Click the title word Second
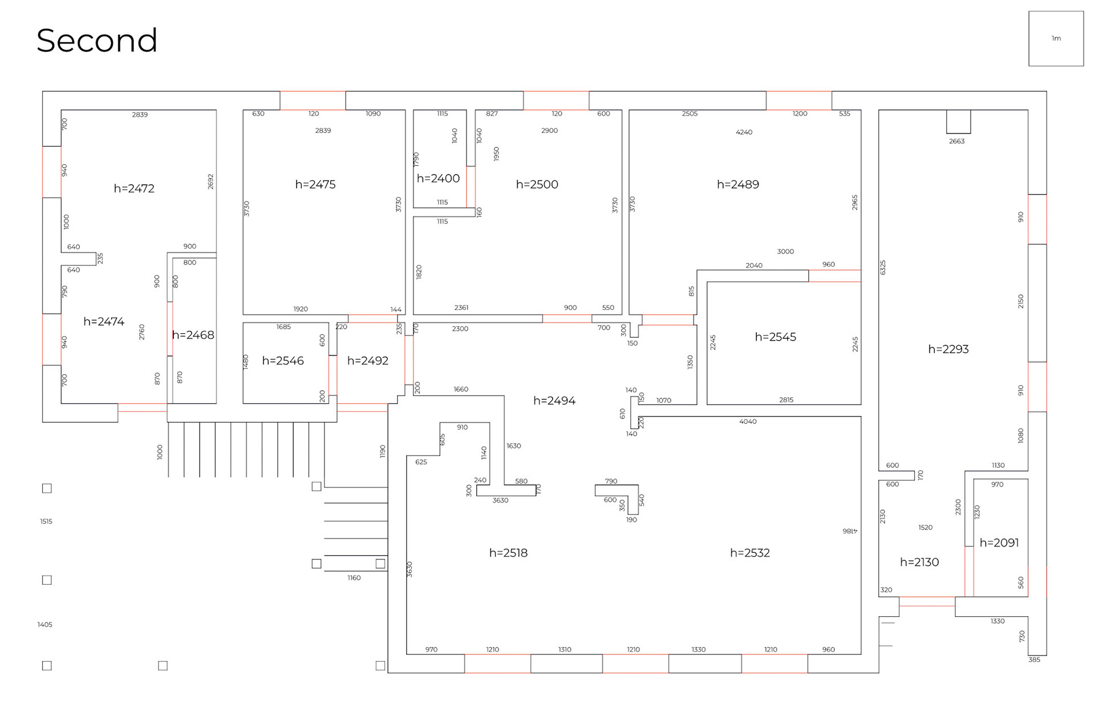point(97,41)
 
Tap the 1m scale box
point(1056,39)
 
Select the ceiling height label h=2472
point(134,188)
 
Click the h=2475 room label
point(315,184)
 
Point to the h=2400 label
point(438,179)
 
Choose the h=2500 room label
point(537,184)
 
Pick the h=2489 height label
point(737,184)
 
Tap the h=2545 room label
point(775,337)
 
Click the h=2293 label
point(948,349)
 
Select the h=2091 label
point(999,543)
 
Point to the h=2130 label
point(919,562)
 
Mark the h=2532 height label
point(749,553)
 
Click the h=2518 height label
point(508,553)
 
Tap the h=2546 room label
point(283,361)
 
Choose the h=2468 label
point(193,335)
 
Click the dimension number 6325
point(883,267)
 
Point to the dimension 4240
point(744,132)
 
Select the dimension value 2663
point(956,141)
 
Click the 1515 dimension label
point(46,521)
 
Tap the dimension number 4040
point(748,422)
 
